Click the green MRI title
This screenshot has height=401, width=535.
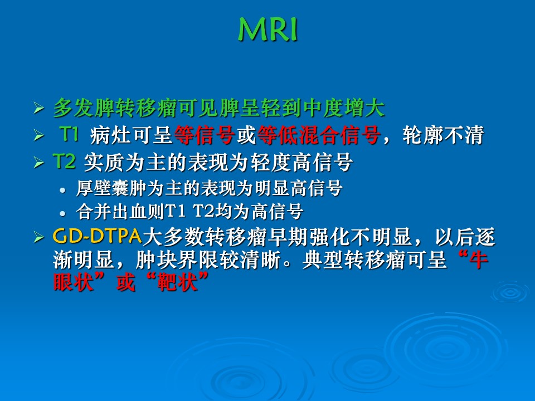(x=268, y=30)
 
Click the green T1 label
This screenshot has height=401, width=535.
(x=69, y=134)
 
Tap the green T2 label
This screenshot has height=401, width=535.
(x=64, y=161)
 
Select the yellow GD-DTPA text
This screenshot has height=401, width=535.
(x=97, y=236)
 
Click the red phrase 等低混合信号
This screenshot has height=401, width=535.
(x=319, y=135)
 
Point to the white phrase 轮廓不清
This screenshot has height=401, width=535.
(x=443, y=135)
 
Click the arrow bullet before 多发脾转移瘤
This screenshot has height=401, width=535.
(x=39, y=109)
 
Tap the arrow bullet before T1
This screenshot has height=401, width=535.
(x=39, y=135)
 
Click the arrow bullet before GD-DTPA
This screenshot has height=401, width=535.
(x=39, y=237)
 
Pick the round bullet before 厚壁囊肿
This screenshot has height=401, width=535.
(x=62, y=190)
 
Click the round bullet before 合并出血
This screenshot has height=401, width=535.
(x=62, y=214)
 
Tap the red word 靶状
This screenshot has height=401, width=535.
(x=177, y=282)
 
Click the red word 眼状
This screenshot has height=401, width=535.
(x=74, y=282)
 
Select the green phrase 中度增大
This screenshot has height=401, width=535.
(x=344, y=108)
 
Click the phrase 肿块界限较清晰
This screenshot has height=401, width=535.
(x=208, y=260)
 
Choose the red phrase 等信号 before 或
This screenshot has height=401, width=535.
(x=205, y=135)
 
